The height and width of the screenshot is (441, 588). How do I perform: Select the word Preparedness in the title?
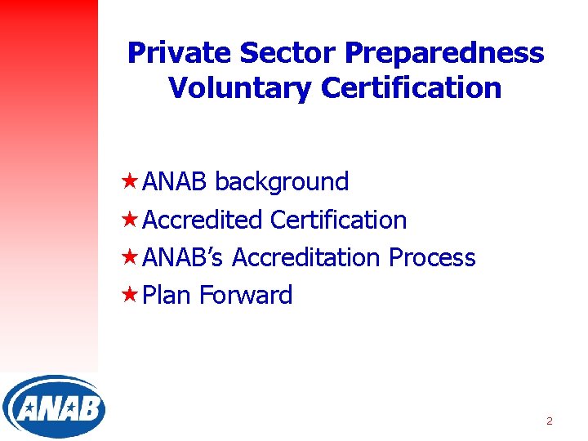tap(444, 53)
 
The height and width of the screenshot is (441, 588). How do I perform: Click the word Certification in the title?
tap(409, 87)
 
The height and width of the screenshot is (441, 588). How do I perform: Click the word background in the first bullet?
tap(282, 181)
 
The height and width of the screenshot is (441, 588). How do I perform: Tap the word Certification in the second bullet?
tap(338, 220)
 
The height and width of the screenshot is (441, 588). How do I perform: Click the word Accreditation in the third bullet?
tap(306, 257)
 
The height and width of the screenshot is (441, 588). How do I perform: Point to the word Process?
tap(432, 257)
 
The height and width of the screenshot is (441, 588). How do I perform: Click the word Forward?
tap(246, 295)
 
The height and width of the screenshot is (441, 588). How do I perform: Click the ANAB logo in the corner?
tap(53, 407)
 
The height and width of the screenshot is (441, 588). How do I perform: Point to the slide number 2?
tap(549, 421)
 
